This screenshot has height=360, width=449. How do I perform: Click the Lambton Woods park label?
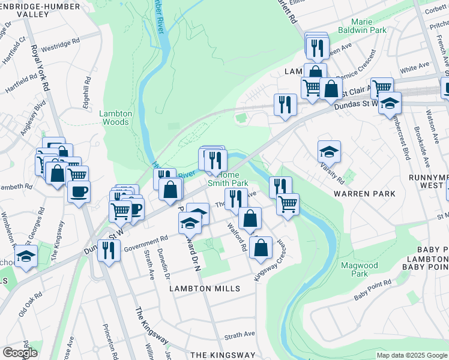113,117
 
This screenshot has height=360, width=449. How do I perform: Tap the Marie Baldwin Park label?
369,26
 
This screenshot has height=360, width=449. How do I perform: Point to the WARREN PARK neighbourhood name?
366,194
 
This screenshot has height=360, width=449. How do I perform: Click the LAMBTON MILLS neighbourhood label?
204,289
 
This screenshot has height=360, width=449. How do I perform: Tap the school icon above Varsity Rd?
329,152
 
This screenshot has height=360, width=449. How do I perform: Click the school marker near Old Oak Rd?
26,256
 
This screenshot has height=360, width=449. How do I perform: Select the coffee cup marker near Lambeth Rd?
79,192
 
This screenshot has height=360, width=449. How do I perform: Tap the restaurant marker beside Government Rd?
109,250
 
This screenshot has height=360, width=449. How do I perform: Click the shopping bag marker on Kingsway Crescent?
261,247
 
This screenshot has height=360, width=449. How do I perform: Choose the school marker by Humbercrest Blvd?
390,103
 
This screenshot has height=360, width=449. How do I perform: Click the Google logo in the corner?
20,353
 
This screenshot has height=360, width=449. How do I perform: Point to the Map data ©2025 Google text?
412,355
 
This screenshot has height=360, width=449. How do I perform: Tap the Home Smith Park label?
228,179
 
